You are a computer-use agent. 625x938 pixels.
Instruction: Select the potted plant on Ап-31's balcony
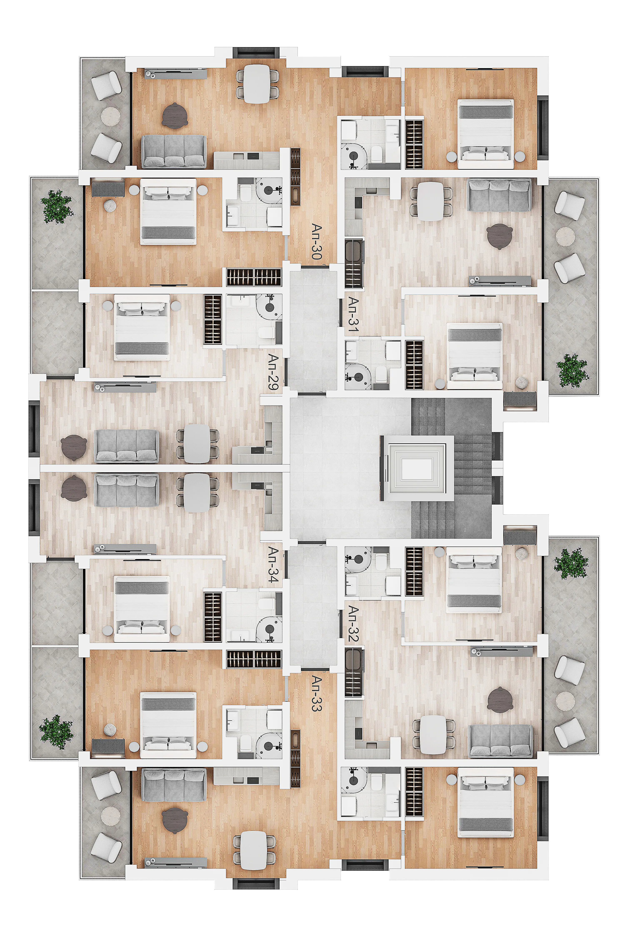(x=572, y=370)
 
